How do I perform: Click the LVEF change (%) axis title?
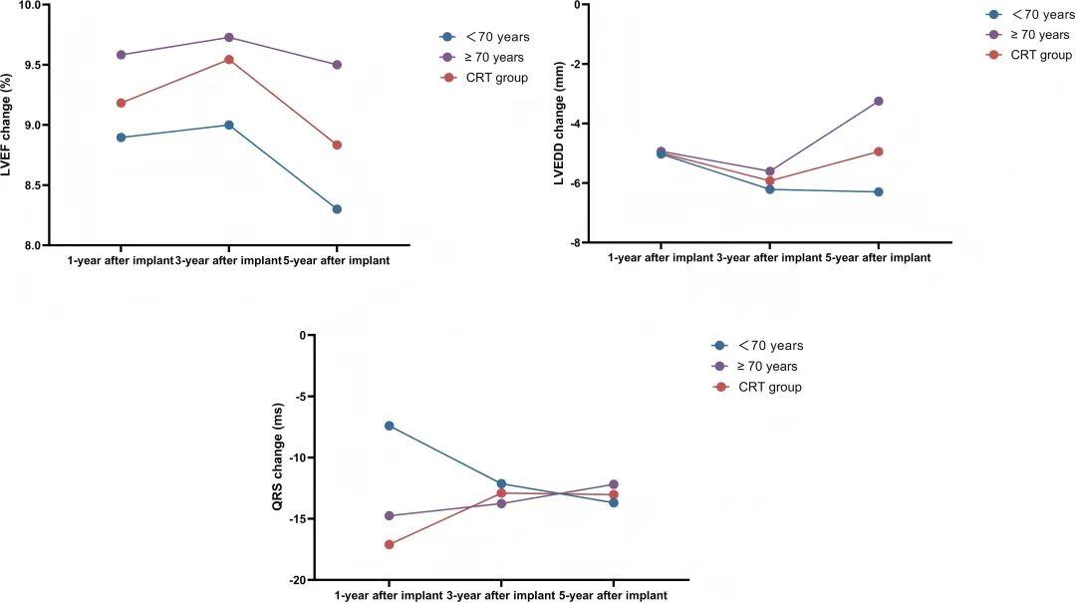(11, 126)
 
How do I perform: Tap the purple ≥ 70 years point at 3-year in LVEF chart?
(228, 38)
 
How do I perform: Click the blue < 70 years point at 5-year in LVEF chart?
(338, 209)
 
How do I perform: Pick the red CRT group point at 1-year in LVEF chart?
(121, 103)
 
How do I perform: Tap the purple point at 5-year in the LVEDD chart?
(878, 101)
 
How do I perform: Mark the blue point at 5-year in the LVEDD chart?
(878, 191)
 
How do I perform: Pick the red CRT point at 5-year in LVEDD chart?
(878, 151)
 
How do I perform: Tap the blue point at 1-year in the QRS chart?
(389, 426)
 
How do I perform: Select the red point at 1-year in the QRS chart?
(389, 544)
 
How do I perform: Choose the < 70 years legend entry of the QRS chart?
(770, 346)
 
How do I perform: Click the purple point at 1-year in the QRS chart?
(389, 515)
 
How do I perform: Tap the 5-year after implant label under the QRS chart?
(612, 595)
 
